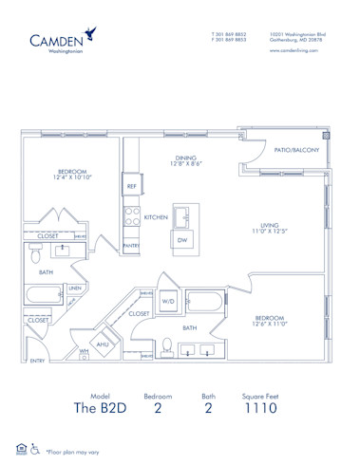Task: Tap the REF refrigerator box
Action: pyautogui.click(x=131, y=187)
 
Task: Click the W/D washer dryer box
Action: pyautogui.click(x=168, y=303)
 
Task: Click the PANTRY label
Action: pyautogui.click(x=131, y=246)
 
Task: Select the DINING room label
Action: pyautogui.click(x=184, y=158)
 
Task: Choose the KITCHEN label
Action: pyautogui.click(x=155, y=217)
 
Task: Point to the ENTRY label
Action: pyautogui.click(x=38, y=362)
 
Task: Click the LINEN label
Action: pyautogui.click(x=74, y=288)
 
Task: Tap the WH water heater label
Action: pyautogui.click(x=84, y=351)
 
